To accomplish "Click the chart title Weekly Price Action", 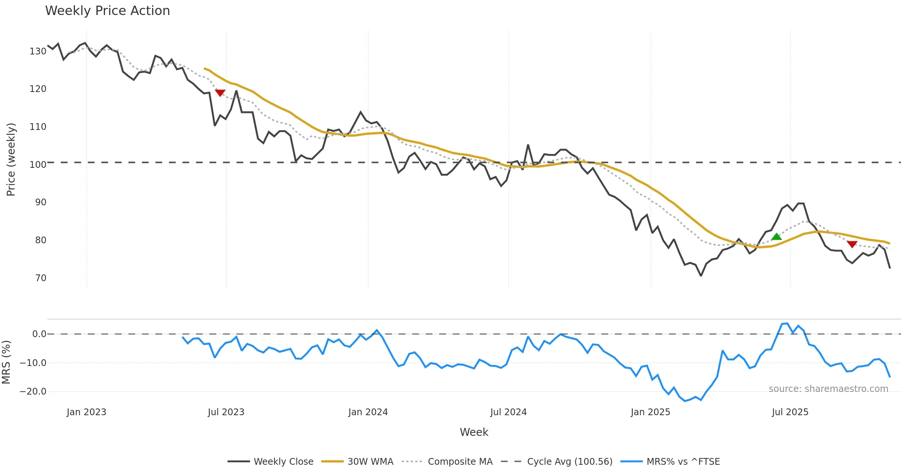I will pyautogui.click(x=107, y=11).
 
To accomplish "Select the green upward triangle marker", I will pyautogui.click(x=776, y=236).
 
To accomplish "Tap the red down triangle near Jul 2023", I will pyautogui.click(x=220, y=93).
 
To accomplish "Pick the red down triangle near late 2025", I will pyautogui.click(x=852, y=244).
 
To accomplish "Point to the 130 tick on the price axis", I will pyautogui.click(x=38, y=51).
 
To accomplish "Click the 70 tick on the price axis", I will pyautogui.click(x=41, y=278).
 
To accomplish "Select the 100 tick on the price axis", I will pyautogui.click(x=38, y=165).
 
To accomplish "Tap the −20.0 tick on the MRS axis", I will pyautogui.click(x=33, y=392).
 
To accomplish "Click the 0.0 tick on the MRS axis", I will pyautogui.click(x=39, y=334).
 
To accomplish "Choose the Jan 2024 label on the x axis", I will pyautogui.click(x=368, y=412).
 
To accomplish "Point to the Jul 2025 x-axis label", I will pyautogui.click(x=790, y=412).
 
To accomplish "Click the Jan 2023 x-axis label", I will pyautogui.click(x=86, y=412).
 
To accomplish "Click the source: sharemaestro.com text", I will pyautogui.click(x=828, y=389).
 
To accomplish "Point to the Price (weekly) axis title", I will pyautogui.click(x=11, y=160).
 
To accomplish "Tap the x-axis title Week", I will pyautogui.click(x=474, y=432).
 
